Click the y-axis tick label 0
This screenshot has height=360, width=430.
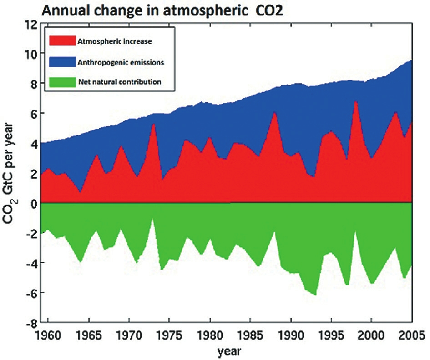[x=32, y=203]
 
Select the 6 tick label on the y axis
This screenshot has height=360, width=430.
[x=32, y=114]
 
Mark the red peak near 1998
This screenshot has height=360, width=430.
[x=355, y=102]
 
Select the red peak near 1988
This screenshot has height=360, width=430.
[x=275, y=112]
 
